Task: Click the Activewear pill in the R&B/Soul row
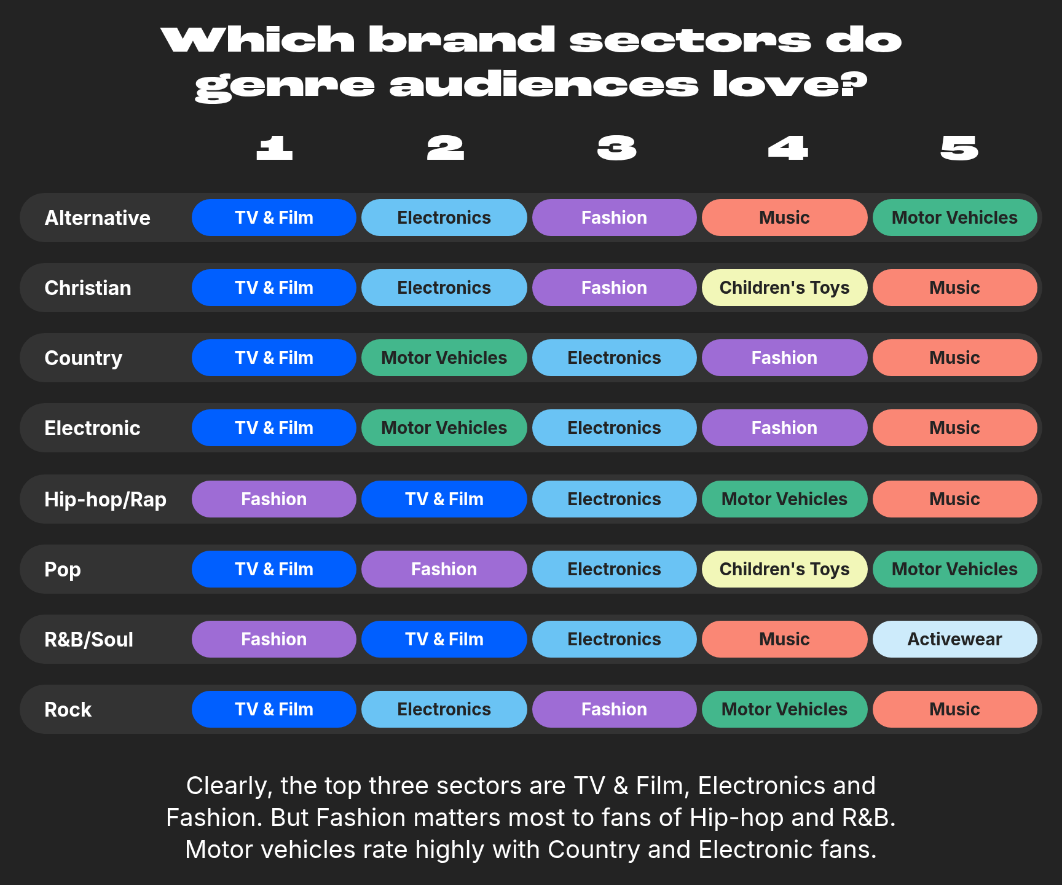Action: (954, 639)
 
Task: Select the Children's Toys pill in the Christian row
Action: (784, 288)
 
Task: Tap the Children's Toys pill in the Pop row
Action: (784, 569)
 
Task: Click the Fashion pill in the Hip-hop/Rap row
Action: (273, 499)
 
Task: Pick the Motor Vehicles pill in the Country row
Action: (444, 358)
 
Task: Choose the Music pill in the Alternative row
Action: (784, 218)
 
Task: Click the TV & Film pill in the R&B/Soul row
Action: (444, 639)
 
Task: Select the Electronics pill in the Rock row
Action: (444, 709)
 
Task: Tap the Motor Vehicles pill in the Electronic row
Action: (444, 428)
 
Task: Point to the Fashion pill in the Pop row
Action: (444, 569)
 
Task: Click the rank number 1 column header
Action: (274, 148)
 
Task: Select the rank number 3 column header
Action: (616, 148)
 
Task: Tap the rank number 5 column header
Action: (959, 148)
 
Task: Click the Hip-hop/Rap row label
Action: (105, 500)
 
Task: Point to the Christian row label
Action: (88, 288)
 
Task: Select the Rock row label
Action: (68, 709)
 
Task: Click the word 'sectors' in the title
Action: (690, 40)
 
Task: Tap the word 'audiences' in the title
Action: (544, 84)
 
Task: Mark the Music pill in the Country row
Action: (954, 358)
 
